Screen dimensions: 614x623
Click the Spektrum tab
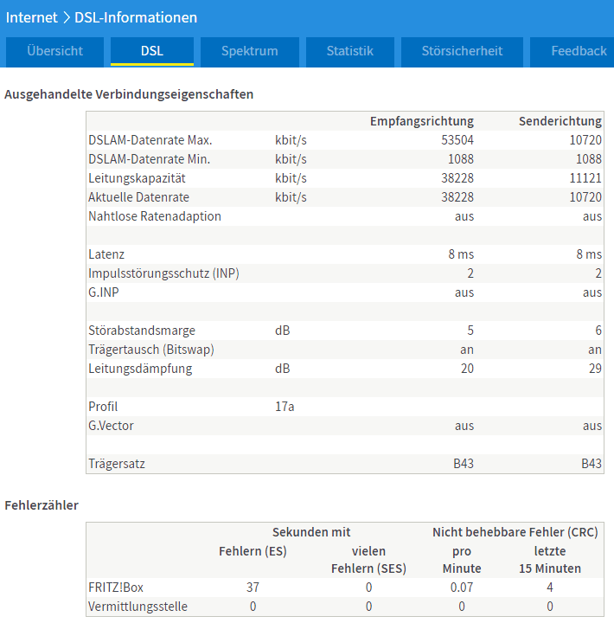tap(250, 51)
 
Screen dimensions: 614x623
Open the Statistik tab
tap(350, 51)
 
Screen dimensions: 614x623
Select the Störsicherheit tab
tap(462, 51)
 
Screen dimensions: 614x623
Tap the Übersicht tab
tap(54, 51)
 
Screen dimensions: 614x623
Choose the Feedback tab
tap(572, 51)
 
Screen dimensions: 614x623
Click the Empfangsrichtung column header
tap(422, 121)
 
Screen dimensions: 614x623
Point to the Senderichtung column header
tap(560, 121)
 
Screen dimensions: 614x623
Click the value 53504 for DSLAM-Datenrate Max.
tap(457, 140)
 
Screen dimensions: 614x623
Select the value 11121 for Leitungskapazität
tap(585, 178)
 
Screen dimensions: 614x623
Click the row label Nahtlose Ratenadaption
tap(155, 216)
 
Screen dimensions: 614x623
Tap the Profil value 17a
tap(285, 407)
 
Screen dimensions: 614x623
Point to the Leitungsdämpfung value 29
tap(595, 369)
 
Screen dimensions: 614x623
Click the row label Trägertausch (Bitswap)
tap(151, 350)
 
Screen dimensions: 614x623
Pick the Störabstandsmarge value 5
tap(470, 331)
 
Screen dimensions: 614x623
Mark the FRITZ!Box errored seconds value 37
tap(253, 588)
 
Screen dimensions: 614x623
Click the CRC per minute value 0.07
tap(462, 588)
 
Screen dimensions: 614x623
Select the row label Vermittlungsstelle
tap(138, 607)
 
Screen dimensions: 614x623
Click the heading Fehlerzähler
tap(42, 505)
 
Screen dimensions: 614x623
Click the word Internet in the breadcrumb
tap(32, 17)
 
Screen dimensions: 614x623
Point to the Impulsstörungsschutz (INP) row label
tap(163, 273)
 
